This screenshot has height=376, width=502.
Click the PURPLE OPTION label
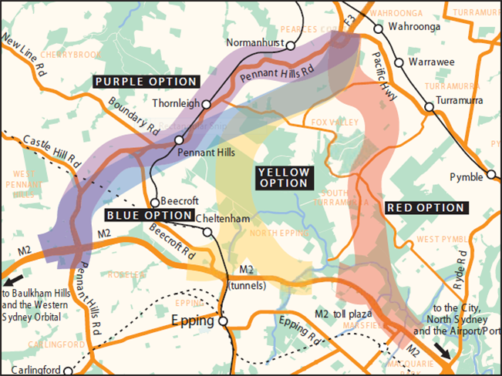(x=146, y=81)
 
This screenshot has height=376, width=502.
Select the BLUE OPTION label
(x=149, y=215)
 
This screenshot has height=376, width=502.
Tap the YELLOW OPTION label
(x=283, y=177)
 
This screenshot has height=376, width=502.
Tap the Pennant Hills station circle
(x=178, y=140)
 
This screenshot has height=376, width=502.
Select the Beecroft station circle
(x=154, y=203)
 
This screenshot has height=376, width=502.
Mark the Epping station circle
(x=222, y=320)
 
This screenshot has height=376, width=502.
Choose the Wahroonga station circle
(x=378, y=28)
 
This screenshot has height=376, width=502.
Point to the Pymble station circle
(x=490, y=176)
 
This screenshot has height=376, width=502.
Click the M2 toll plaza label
(x=344, y=314)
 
